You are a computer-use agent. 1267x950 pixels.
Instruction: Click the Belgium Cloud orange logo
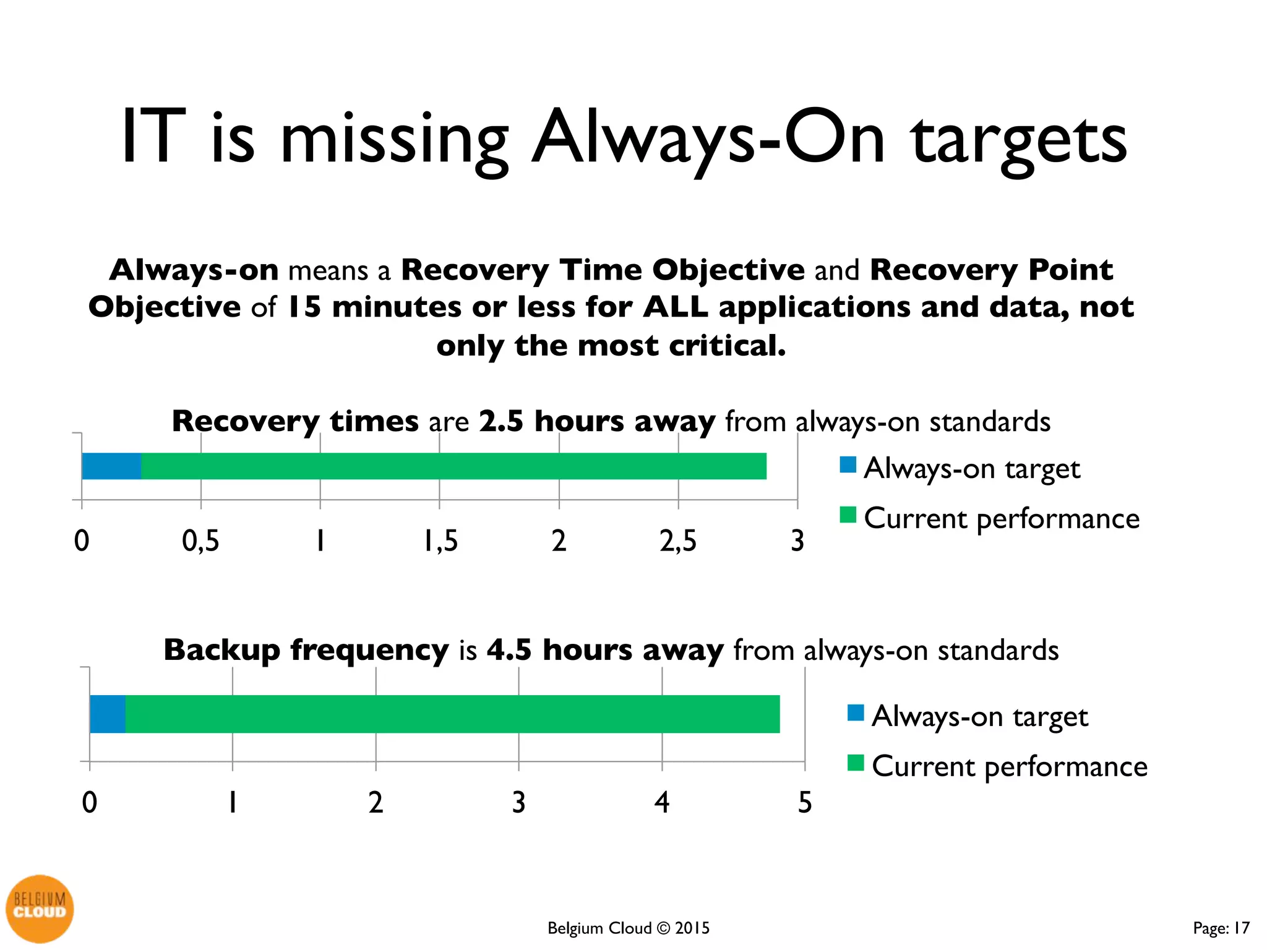(x=40, y=908)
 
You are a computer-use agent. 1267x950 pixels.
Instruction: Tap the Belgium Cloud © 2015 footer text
(x=628, y=928)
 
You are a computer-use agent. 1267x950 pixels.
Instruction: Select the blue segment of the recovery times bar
(x=111, y=466)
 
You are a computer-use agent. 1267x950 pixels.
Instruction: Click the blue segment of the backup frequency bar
(x=107, y=714)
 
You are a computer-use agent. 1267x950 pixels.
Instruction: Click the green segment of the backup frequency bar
(x=452, y=714)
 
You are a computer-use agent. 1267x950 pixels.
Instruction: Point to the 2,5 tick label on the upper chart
(x=677, y=541)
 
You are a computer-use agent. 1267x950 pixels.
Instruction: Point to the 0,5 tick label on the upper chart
(x=200, y=541)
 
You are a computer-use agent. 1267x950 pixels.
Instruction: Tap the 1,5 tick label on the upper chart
(x=440, y=541)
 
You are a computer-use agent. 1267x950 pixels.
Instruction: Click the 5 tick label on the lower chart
(x=804, y=803)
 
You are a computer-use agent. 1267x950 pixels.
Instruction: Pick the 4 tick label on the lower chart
(x=661, y=803)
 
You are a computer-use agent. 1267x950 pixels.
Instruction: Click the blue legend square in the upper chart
(x=848, y=464)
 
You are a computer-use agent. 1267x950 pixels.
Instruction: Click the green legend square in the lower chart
(x=855, y=763)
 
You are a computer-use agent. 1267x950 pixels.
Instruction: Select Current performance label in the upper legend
(x=1001, y=518)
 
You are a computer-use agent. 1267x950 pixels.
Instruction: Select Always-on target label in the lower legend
(x=979, y=716)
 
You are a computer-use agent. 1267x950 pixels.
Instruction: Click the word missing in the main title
(x=394, y=139)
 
